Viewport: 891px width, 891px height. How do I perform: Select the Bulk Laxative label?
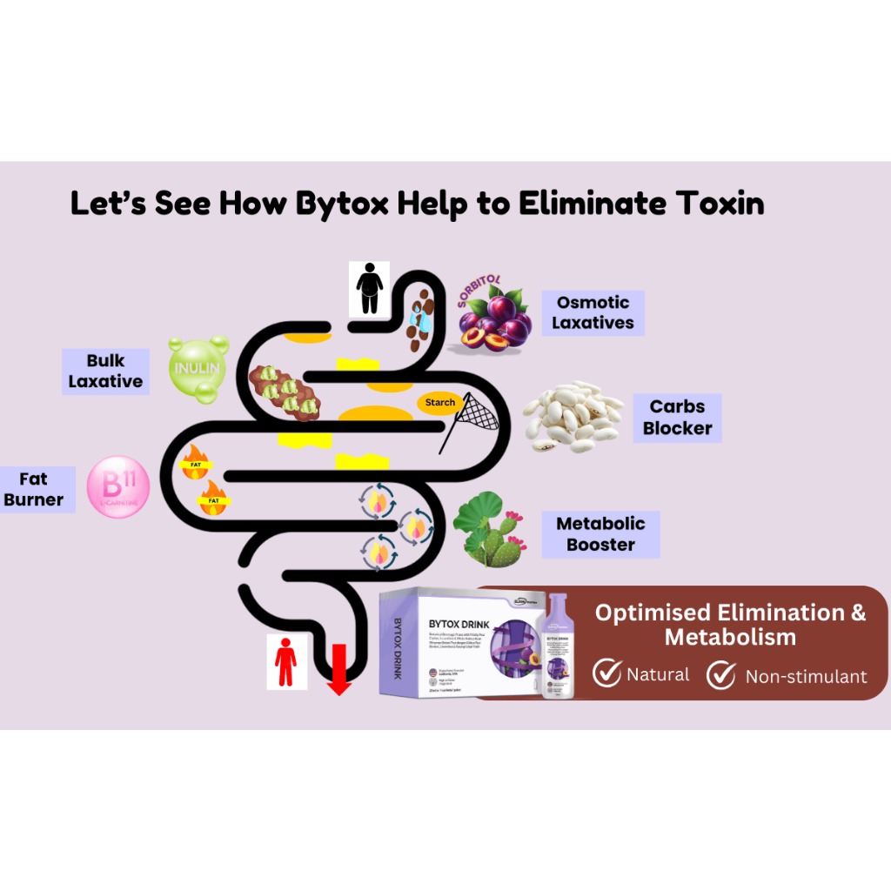click(105, 371)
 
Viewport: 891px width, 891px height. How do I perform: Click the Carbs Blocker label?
click(677, 417)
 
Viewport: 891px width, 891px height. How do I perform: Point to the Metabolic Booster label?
click(600, 533)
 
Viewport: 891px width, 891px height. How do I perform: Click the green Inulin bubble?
click(198, 370)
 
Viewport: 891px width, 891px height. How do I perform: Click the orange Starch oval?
click(439, 403)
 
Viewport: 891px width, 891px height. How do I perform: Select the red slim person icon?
click(285, 663)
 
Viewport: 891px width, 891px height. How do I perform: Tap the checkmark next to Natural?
click(606, 673)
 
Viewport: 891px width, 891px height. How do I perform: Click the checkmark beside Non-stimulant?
click(721, 674)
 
